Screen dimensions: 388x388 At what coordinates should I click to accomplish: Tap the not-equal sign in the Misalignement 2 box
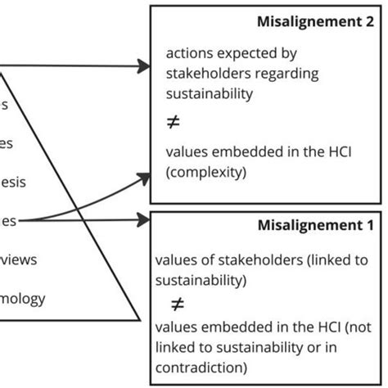click(x=172, y=122)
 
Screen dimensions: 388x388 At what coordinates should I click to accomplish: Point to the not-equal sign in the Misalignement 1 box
click(x=177, y=304)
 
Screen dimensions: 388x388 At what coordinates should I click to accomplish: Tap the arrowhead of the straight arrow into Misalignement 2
click(x=143, y=68)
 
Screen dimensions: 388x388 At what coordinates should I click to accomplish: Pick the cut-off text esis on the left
click(x=12, y=182)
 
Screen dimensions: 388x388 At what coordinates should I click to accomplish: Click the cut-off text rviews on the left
click(x=18, y=259)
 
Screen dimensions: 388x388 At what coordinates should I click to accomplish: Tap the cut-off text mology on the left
click(x=22, y=298)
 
